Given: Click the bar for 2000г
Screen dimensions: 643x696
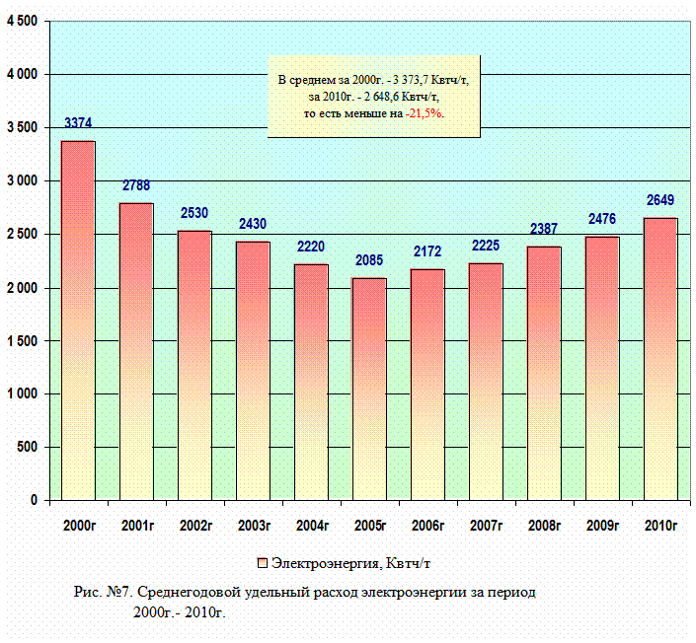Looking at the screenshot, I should [79, 321].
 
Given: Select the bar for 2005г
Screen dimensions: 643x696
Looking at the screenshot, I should [369, 390].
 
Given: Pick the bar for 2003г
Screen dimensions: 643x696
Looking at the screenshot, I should [253, 371].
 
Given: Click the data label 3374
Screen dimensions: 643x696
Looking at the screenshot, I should [79, 124].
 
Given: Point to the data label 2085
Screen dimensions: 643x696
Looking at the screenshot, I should [369, 261].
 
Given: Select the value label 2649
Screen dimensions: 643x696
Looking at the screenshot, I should [660, 201].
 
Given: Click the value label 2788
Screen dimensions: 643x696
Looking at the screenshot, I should [137, 186].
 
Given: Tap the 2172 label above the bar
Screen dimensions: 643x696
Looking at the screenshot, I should [427, 252].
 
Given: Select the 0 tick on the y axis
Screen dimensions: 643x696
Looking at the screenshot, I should [34, 501].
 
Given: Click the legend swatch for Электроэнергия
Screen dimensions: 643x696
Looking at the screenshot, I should [263, 563].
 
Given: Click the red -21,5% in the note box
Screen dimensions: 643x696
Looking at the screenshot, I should [426, 113].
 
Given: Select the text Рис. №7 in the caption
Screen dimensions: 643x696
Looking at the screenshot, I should [103, 594].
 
